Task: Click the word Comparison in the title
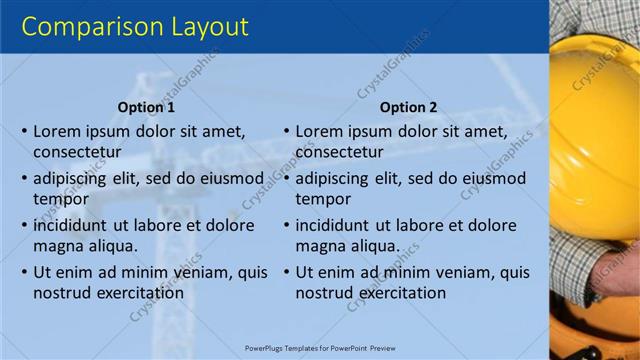[85, 26]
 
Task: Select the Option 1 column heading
[146, 107]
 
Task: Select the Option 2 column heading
[408, 107]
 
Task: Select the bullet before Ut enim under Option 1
[24, 272]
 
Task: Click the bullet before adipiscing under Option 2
[286, 178]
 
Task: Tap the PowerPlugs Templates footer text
[321, 348]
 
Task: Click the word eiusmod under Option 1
[230, 178]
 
